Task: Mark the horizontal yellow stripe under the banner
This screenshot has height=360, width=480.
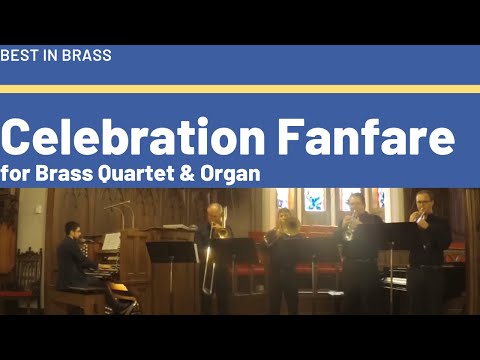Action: (x=240, y=88)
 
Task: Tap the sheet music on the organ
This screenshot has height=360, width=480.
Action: (x=112, y=241)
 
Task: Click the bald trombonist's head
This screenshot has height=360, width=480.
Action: (x=215, y=212)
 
